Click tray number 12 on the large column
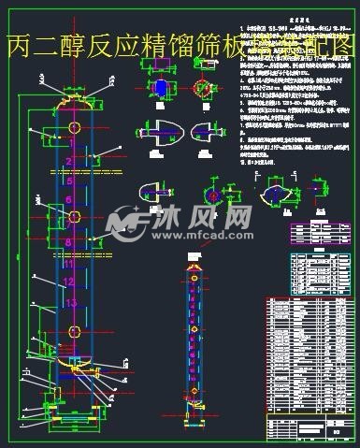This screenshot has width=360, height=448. [x=68, y=282]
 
